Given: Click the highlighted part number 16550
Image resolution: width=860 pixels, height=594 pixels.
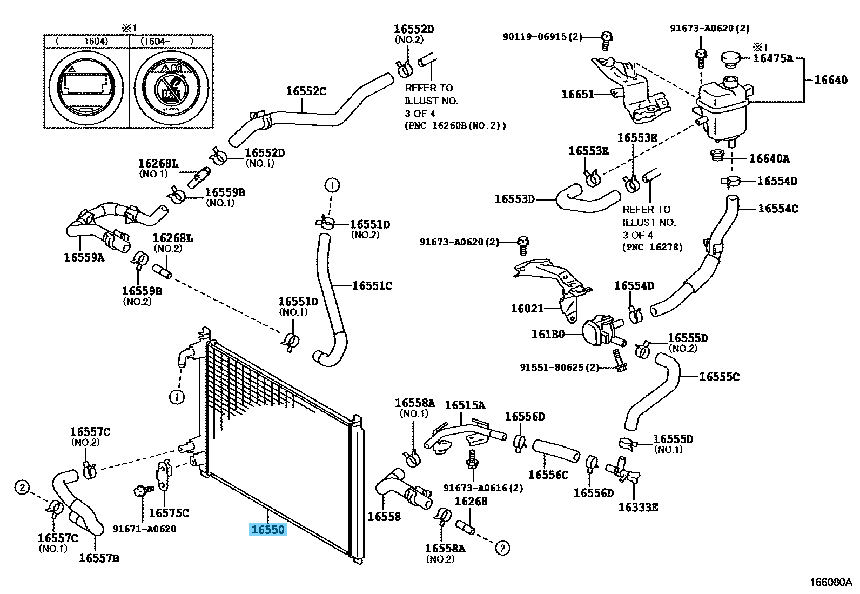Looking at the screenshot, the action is (x=268, y=530).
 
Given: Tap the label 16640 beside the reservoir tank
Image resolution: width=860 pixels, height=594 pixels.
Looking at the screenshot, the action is (x=831, y=79).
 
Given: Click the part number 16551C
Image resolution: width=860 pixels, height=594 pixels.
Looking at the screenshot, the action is (x=372, y=285).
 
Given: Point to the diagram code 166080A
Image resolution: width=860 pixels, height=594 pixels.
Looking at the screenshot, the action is (x=831, y=582).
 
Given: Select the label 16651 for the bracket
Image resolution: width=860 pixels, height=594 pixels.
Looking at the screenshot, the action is (x=577, y=94).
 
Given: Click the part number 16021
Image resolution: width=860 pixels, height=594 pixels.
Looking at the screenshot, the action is (x=527, y=308).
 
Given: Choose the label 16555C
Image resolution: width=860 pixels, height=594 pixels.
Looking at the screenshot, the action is (x=719, y=377).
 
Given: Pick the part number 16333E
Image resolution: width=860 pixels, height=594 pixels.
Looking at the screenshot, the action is (x=637, y=507).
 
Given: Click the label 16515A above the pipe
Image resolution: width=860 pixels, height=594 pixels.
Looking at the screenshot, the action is (x=465, y=405).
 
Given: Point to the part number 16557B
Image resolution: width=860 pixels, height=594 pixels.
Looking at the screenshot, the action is (x=99, y=558).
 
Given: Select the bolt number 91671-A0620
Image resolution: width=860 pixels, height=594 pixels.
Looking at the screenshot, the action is (x=144, y=529).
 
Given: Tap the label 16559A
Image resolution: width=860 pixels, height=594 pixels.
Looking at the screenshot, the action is (x=84, y=257).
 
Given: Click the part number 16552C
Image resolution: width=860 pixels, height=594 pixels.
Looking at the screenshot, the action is (x=306, y=91).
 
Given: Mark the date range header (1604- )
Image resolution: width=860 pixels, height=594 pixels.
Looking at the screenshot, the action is (x=167, y=41).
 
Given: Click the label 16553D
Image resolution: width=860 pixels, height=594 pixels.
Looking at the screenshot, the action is (x=514, y=199).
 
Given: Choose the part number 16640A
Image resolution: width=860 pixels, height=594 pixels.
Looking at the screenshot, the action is (x=769, y=158).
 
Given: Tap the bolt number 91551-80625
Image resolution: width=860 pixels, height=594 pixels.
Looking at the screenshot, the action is (x=560, y=368).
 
